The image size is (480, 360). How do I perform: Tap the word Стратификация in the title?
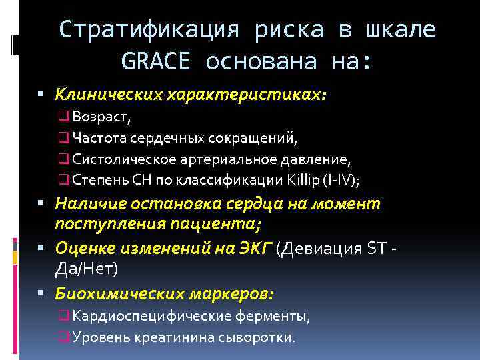pyautogui.click(x=154, y=29)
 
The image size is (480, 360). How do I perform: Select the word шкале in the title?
pyautogui.click(x=401, y=29)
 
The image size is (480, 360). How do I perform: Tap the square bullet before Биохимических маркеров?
pyautogui.click(x=43, y=293)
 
